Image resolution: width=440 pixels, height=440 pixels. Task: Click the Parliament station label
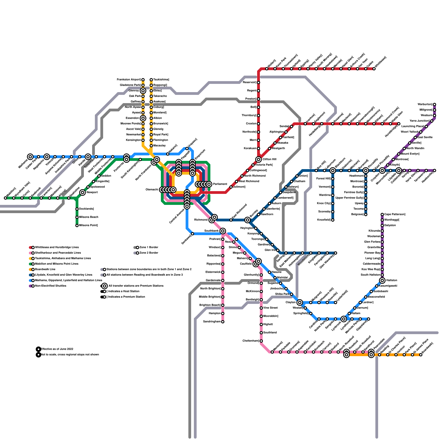coord(220,184)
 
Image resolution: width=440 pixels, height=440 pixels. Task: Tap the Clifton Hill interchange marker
coord(258,159)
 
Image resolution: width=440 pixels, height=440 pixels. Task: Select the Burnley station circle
coord(248,220)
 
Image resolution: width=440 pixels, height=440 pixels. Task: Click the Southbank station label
coord(211,231)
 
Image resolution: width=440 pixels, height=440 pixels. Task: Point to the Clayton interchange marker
coord(300,302)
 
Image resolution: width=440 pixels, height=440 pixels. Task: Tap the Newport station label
coord(92,193)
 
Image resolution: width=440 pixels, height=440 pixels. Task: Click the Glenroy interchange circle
coord(143,91)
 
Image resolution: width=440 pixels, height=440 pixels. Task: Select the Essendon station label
coord(132,118)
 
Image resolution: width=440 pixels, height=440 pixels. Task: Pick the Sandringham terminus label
coord(212,322)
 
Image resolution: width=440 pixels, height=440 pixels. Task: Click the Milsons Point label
coord(88,226)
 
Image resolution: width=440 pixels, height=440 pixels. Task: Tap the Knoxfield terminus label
coord(324,220)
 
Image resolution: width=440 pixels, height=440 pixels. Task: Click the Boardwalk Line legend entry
coord(45,269)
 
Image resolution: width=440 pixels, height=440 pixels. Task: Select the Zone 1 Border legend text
coord(149,248)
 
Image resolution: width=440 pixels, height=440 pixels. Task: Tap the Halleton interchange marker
coord(382,280)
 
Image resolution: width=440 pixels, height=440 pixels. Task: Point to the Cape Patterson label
coord(395,215)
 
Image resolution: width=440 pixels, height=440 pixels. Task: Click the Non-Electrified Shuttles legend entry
coord(51,286)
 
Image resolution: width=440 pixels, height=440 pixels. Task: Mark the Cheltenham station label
coord(251,341)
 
